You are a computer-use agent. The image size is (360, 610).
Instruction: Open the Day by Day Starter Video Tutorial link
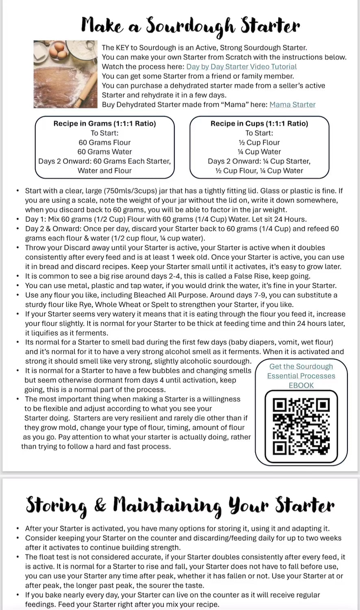241,67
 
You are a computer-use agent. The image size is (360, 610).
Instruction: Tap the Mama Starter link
292,104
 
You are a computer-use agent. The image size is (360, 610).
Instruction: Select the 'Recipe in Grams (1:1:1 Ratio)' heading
105,123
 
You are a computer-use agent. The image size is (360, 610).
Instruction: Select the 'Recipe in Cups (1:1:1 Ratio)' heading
259,123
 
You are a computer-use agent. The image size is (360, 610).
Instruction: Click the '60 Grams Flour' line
105,143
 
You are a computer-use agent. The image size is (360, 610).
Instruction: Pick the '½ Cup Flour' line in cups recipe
259,143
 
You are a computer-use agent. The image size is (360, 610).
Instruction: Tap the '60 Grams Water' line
105,152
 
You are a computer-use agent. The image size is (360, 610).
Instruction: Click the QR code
301,426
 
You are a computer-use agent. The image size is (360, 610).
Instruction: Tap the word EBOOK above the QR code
301,385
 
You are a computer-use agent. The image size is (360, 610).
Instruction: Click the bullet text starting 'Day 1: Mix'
166,219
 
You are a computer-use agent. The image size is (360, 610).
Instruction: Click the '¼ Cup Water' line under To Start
259,152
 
